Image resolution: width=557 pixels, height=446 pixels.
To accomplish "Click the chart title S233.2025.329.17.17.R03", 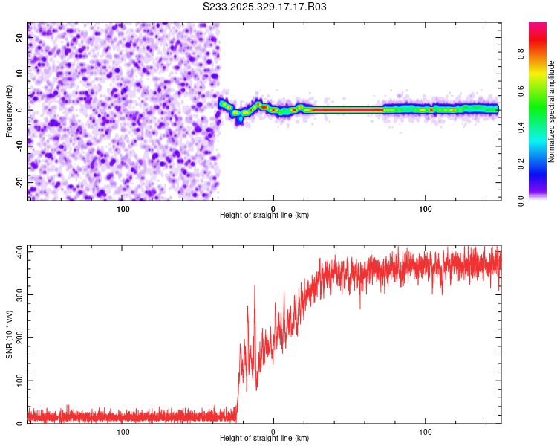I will click(265, 7).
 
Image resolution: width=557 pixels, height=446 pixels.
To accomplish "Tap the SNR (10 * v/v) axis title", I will click(9, 335).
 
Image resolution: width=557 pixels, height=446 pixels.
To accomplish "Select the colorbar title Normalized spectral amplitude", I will click(551, 112).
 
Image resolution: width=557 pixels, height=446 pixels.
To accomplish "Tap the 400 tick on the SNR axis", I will click(18, 253).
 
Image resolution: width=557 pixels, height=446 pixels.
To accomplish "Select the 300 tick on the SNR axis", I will click(18, 295).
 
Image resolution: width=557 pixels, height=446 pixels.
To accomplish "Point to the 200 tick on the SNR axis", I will click(18, 338).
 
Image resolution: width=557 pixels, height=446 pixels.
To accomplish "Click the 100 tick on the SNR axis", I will click(18, 381).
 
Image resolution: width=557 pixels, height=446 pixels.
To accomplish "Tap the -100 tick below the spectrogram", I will click(122, 208).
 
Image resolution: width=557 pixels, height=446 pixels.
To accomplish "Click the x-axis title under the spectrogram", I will click(264, 216).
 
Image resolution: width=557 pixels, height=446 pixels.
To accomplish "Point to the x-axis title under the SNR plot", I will click(264, 439).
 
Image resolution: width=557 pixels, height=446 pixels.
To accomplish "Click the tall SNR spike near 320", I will click(255, 286).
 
